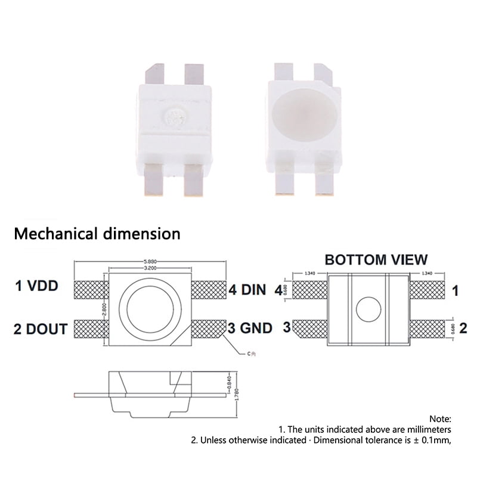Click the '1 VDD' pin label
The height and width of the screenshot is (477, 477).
(x=36, y=286)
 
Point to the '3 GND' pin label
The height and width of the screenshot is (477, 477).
(x=250, y=328)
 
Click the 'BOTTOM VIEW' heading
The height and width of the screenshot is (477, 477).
(x=376, y=259)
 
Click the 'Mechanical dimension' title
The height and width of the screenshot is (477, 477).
(x=97, y=233)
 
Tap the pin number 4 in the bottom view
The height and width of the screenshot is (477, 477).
(x=278, y=291)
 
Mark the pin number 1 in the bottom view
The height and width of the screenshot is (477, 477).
(x=456, y=291)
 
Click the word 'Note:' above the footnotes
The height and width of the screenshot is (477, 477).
(x=440, y=419)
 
